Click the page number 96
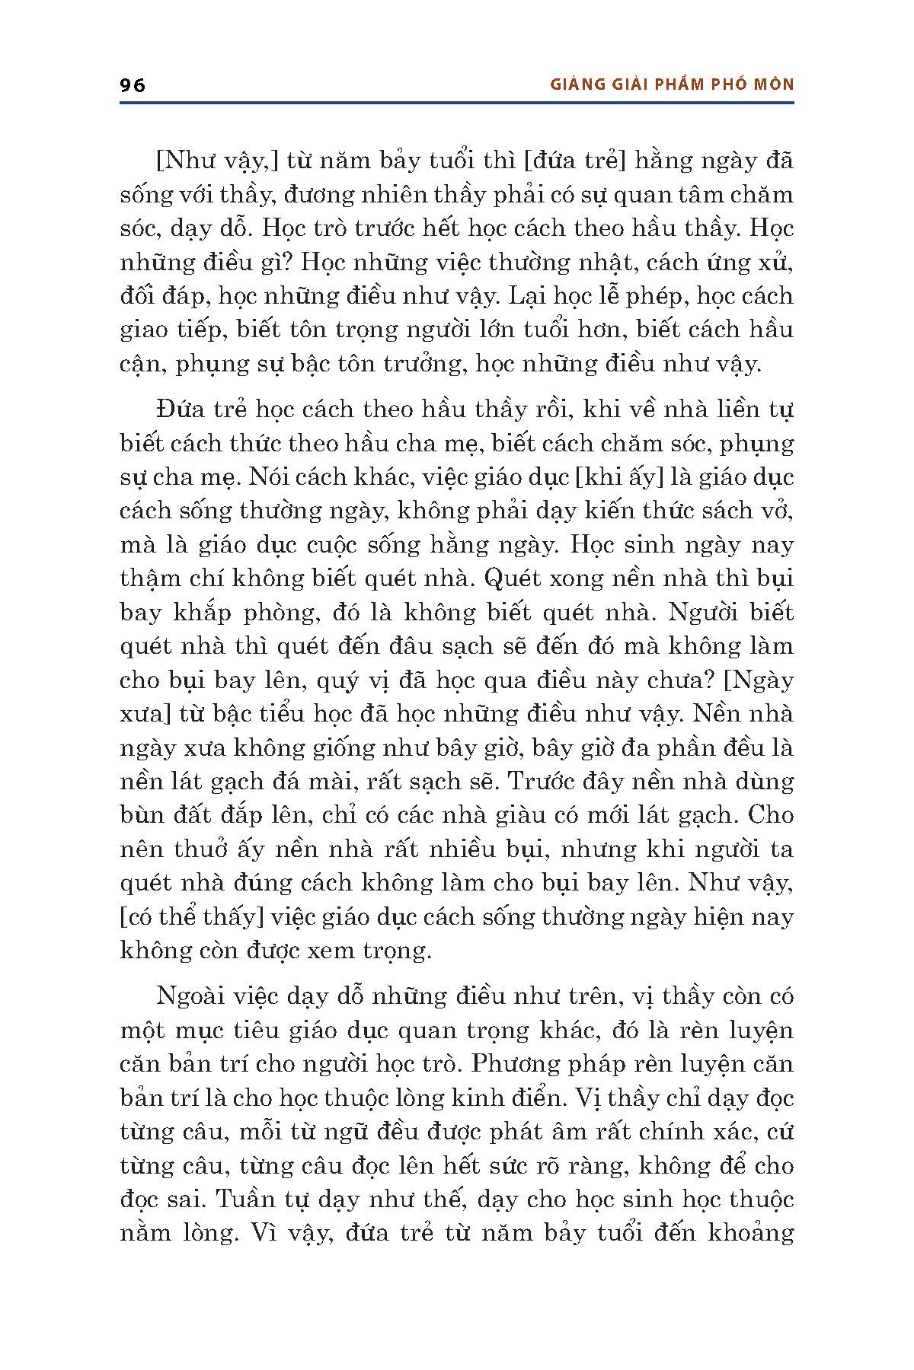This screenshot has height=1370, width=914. click(133, 84)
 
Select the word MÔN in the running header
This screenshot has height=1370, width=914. click(773, 84)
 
